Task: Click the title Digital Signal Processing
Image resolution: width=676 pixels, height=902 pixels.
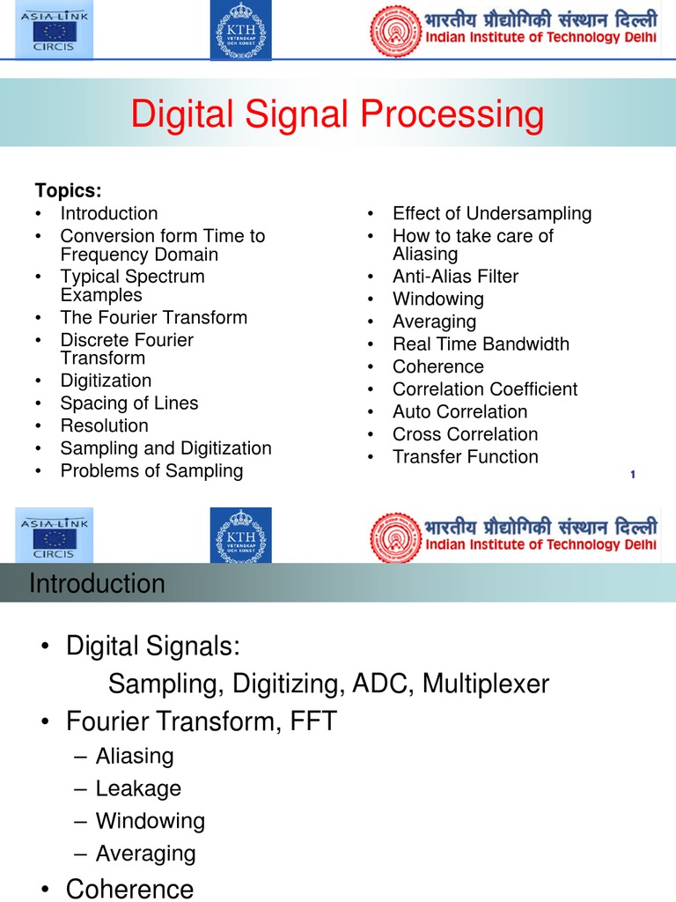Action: [x=338, y=115]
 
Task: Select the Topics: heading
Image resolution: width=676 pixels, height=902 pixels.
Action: [x=68, y=190]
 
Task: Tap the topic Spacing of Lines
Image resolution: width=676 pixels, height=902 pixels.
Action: [x=129, y=403]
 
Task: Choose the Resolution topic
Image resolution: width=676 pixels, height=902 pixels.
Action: [x=104, y=425]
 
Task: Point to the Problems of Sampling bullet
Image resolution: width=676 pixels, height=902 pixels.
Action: [x=151, y=470]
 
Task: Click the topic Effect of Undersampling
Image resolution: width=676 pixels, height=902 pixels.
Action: [x=492, y=213]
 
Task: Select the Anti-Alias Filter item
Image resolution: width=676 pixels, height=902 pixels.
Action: [x=455, y=277]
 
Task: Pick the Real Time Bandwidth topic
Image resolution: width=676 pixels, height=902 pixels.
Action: [x=481, y=344]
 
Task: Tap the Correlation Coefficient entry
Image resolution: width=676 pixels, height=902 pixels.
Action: [x=485, y=389]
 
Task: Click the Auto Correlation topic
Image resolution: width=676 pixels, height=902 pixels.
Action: [x=459, y=411]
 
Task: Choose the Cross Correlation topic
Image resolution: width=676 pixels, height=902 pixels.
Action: [x=465, y=434]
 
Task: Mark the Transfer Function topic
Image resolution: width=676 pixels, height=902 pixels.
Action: [x=465, y=456]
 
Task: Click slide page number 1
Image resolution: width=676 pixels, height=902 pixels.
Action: [x=633, y=476]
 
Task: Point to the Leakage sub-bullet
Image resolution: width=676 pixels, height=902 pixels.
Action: [x=138, y=788]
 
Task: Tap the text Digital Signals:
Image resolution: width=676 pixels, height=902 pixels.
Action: [x=152, y=646]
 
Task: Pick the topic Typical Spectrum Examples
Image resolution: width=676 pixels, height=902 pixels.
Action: [x=132, y=285]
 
